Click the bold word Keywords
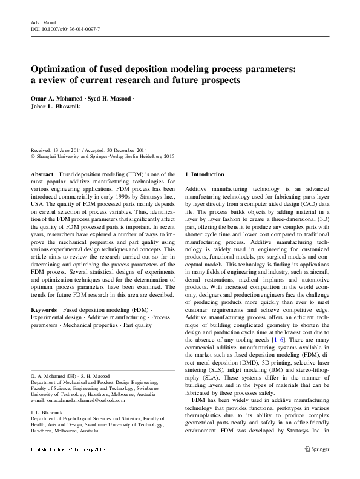pyautogui.click(x=45, y=309)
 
